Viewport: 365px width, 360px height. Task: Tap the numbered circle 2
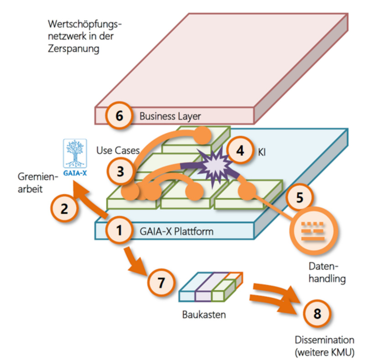tap(65, 209)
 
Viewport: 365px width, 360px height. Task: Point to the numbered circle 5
tap(299, 198)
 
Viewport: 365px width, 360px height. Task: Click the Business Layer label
tap(170, 116)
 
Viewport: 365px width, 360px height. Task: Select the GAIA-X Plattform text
tap(177, 231)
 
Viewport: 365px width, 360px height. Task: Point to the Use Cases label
tap(118, 150)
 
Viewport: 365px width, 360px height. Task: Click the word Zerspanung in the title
tap(73, 49)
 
